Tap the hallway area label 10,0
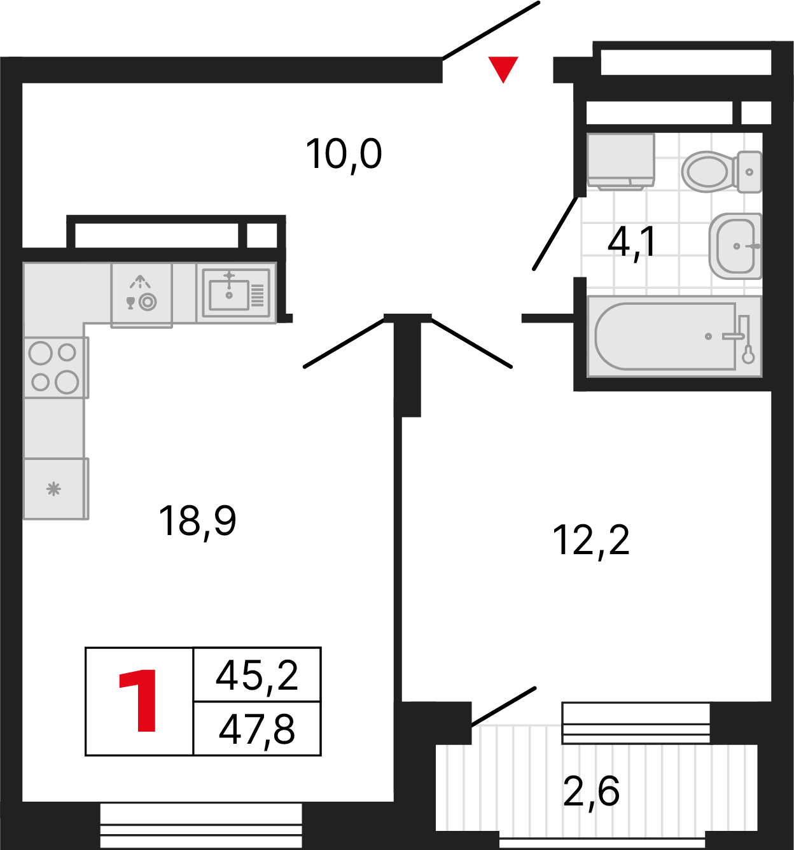tap(344, 155)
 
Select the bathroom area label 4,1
tap(631, 242)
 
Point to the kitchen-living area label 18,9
tap(197, 521)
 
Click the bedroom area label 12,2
tap(591, 540)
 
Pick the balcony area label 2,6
tap(591, 792)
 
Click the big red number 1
tap(139, 701)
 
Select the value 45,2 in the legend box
tap(257, 675)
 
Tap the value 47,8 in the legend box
tap(257, 729)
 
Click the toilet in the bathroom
tap(719, 171)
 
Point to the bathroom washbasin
tap(735, 246)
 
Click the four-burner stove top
tap(54, 367)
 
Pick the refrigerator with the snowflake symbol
tap(54, 489)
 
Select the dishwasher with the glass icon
tap(141, 295)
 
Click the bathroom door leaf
tap(556, 233)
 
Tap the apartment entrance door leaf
tap(491, 30)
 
